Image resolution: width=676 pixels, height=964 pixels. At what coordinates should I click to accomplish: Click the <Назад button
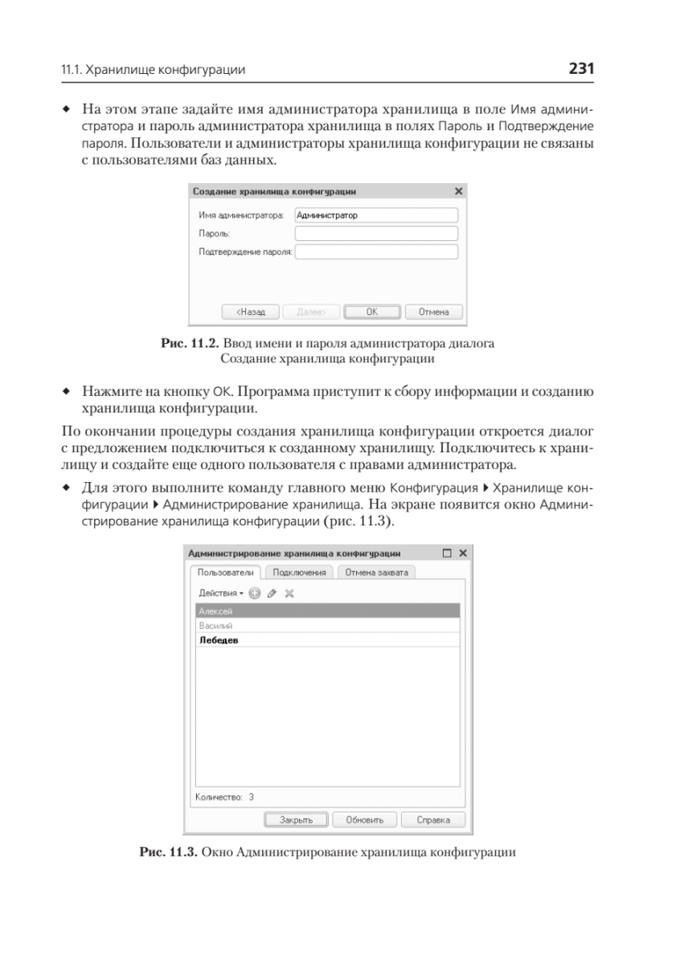tap(250, 311)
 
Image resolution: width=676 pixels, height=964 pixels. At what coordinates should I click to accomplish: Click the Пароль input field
tap(376, 233)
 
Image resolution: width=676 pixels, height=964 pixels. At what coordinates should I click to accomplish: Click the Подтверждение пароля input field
tap(376, 252)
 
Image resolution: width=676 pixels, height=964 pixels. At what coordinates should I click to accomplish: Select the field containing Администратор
tap(376, 214)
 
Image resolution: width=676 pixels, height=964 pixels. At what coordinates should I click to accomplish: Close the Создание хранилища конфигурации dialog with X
tap(458, 192)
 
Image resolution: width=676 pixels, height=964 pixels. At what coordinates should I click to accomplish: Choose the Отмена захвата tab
tap(376, 573)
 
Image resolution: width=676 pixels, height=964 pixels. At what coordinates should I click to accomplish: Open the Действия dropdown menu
tap(220, 593)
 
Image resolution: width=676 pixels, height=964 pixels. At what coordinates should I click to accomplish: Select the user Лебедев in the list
tap(219, 640)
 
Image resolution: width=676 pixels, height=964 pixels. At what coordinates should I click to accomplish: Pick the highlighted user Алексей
tap(211, 611)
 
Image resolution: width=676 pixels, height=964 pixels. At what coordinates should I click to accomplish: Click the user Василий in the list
tap(211, 626)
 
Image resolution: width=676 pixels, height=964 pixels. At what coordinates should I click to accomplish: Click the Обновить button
tap(364, 820)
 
